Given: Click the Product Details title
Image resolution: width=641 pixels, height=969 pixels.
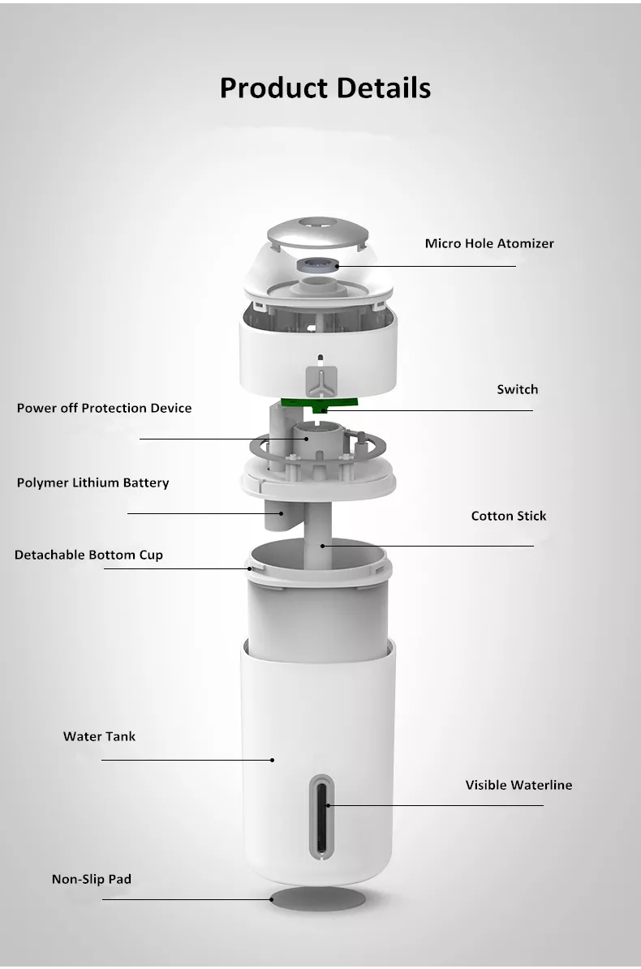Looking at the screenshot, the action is click(x=325, y=88).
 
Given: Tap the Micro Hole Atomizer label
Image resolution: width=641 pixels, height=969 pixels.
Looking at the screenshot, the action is click(x=489, y=243).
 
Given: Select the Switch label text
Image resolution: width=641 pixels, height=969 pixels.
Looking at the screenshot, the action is click(x=518, y=389).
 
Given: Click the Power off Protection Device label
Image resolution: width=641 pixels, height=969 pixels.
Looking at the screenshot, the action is click(x=104, y=408).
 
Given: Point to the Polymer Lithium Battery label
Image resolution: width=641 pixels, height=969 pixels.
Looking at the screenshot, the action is click(x=92, y=482).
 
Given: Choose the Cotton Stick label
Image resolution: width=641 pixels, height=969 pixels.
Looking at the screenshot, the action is click(x=509, y=516).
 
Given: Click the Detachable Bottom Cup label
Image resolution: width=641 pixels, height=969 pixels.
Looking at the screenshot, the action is click(x=88, y=555).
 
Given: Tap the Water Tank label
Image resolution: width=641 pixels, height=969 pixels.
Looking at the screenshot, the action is click(x=99, y=736).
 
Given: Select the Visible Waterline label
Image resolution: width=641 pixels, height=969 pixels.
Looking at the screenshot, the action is click(x=518, y=785).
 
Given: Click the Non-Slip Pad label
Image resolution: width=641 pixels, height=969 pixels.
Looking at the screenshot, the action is click(x=92, y=879).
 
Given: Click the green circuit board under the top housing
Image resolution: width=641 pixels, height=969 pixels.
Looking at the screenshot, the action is click(x=319, y=404).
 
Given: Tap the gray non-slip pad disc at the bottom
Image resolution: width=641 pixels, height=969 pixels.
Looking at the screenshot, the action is click(x=318, y=898).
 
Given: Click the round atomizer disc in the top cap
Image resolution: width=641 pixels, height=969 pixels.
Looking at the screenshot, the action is click(x=317, y=264).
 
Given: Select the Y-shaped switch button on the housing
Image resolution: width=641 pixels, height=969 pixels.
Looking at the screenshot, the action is click(x=320, y=381).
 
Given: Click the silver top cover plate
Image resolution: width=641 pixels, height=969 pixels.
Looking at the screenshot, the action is click(x=317, y=232).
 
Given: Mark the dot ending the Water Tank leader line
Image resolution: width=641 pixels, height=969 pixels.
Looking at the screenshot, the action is click(x=272, y=760).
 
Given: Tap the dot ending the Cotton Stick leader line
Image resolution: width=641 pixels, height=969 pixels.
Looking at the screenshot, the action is click(x=322, y=546).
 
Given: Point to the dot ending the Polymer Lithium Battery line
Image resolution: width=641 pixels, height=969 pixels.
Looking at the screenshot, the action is click(x=282, y=513).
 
